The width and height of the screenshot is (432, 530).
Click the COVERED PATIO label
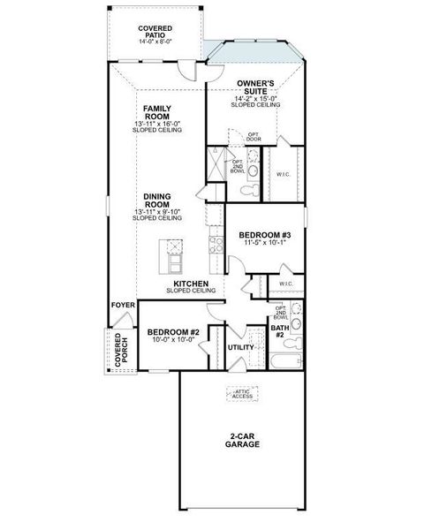pos(155,32)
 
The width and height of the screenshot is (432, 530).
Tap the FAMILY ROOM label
pos(158,111)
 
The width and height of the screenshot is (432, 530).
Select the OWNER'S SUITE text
pos(257,87)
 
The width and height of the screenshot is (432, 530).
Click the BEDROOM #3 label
pos(265,235)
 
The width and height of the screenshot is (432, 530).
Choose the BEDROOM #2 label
pos(172,331)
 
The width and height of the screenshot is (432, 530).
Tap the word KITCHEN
pos(191,284)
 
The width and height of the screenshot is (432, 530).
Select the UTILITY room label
pos(240,348)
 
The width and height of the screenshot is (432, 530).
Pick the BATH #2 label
pos(277,331)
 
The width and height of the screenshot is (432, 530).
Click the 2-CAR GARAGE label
pos(241,441)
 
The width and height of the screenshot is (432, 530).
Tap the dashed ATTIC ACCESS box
pos(242,394)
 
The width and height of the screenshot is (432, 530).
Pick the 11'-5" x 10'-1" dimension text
pos(265,244)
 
